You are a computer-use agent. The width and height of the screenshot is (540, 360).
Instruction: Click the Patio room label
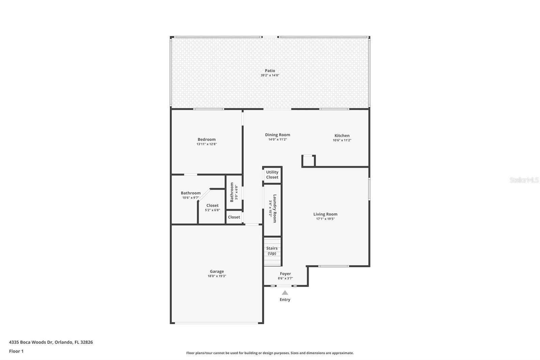tap(270, 71)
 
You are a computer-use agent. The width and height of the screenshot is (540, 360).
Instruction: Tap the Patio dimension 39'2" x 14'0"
tap(270, 75)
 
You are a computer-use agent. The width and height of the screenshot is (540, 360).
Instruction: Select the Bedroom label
tap(207, 139)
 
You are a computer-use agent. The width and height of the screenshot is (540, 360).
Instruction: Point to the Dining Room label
tap(277, 135)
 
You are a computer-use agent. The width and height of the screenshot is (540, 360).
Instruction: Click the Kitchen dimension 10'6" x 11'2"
tap(342, 140)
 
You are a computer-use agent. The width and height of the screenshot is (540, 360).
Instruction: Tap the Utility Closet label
tap(272, 175)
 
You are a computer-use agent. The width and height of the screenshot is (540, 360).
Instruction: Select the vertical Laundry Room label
tap(274, 208)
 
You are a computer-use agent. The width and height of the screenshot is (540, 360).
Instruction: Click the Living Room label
tap(325, 214)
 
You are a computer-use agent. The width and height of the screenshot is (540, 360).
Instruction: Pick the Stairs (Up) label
tap(272, 251)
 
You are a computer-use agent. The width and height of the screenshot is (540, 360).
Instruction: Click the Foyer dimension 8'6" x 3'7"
tap(285, 279)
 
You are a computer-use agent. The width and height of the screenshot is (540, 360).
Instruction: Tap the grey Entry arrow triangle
tap(285, 293)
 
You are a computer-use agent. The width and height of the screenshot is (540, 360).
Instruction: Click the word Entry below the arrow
tap(285, 300)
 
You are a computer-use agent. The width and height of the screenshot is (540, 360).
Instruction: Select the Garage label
tap(217, 271)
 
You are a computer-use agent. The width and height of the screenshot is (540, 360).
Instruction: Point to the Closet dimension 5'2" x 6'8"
tap(212, 210)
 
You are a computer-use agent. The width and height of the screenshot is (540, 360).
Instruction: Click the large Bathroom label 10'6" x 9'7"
tap(190, 193)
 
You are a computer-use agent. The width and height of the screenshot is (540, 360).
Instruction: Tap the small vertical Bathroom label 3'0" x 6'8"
tap(232, 192)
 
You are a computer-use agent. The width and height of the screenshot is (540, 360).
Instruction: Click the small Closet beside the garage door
tap(234, 217)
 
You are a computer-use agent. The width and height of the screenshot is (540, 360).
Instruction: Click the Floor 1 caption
tap(16, 351)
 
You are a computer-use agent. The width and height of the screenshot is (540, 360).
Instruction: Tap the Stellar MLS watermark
tap(524, 180)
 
